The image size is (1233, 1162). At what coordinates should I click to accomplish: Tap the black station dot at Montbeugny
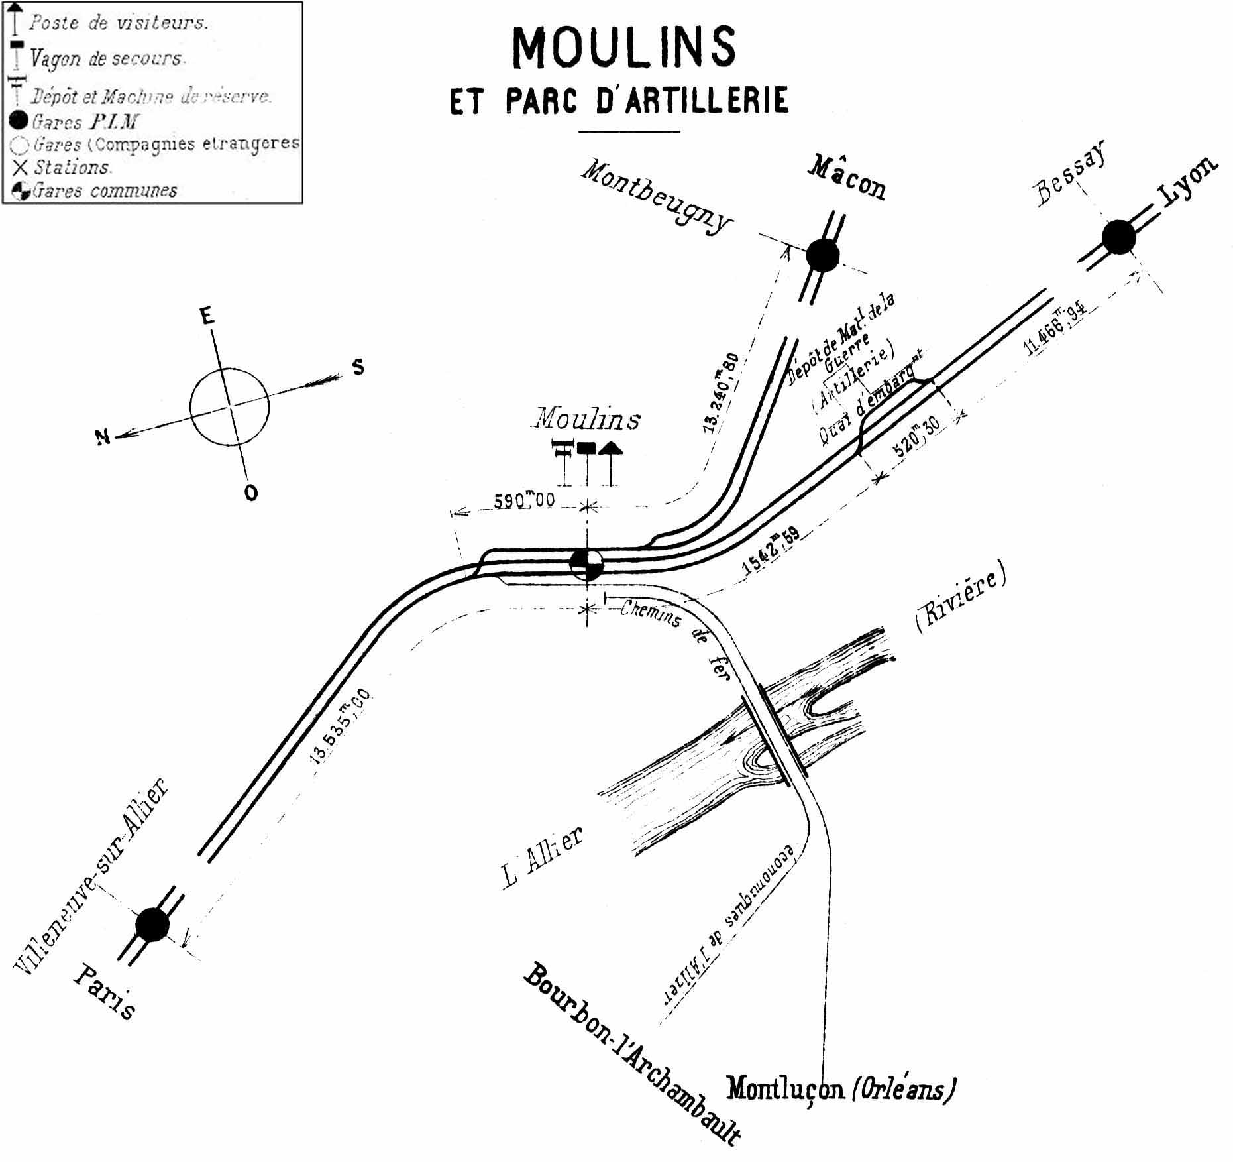[x=823, y=255]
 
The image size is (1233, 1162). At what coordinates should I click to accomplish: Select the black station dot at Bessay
[x=1119, y=237]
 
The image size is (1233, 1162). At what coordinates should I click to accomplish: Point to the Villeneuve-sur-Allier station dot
[x=152, y=925]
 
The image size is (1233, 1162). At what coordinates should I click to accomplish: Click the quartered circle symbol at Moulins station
[x=587, y=565]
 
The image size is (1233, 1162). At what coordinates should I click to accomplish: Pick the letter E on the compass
[x=207, y=317]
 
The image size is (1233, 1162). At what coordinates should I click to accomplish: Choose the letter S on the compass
[x=358, y=367]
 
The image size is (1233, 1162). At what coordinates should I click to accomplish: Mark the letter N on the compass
[x=103, y=437]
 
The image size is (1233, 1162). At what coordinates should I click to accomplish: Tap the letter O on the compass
[x=250, y=493]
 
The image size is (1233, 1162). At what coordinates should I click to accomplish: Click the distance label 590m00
[x=524, y=500]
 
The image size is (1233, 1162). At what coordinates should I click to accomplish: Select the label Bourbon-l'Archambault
[x=633, y=1054]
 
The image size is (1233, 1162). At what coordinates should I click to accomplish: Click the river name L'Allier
[x=543, y=856]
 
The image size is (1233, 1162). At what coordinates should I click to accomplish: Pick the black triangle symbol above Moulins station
[x=611, y=448]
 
